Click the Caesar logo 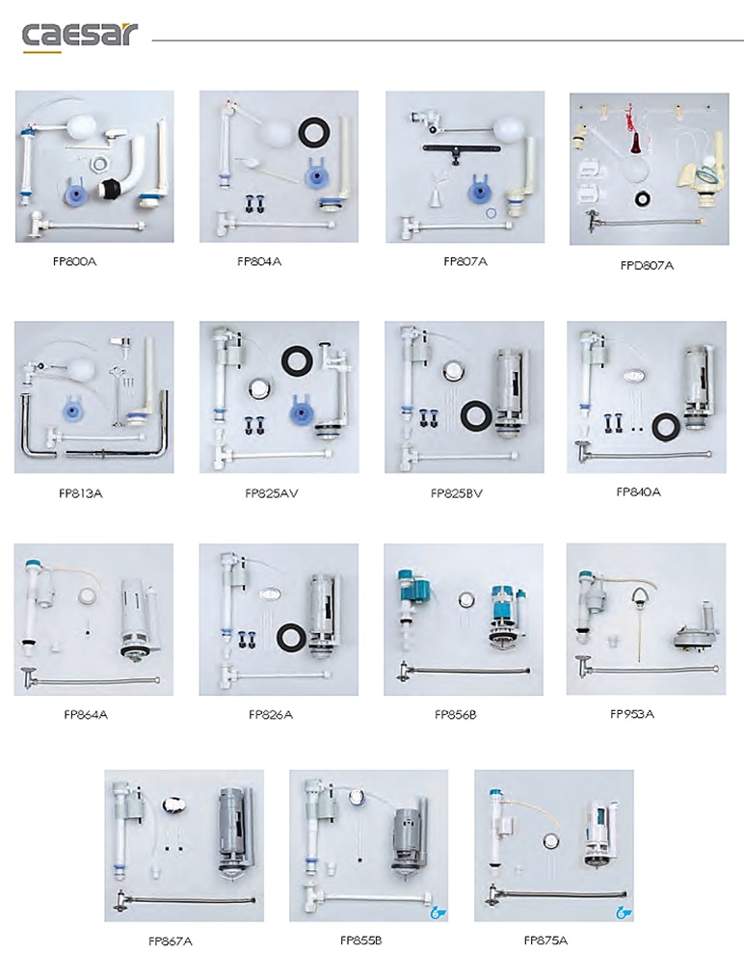[x=79, y=37]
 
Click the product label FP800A [x=75, y=261]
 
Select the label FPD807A [x=648, y=265]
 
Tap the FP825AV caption [x=272, y=493]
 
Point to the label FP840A [x=638, y=492]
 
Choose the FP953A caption [x=632, y=714]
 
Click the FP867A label [x=170, y=940]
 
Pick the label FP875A [x=545, y=939]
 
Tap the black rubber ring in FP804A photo [x=314, y=132]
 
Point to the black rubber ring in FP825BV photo [x=477, y=414]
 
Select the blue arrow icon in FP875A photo [x=624, y=913]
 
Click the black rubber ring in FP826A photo [x=292, y=637]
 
